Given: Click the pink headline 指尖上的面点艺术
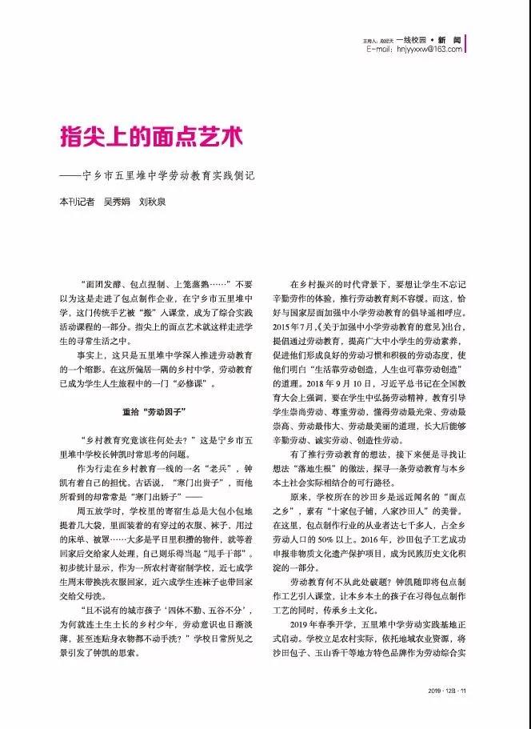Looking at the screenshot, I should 150,135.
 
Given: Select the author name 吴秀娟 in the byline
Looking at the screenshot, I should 118,202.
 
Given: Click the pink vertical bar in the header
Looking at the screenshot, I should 467,44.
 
